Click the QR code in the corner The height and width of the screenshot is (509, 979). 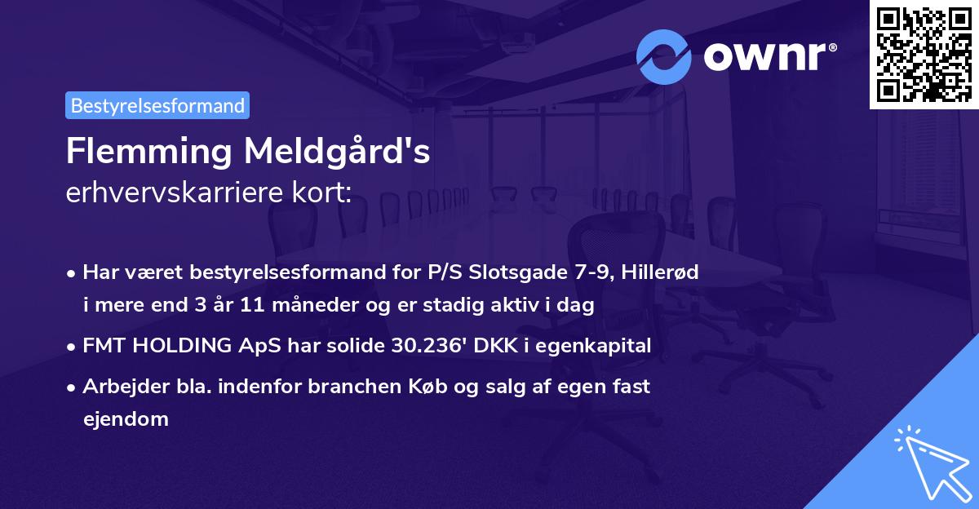click(x=924, y=54)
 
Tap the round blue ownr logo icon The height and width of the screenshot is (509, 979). click(x=664, y=57)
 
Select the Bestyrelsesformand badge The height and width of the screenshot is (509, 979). click(x=157, y=105)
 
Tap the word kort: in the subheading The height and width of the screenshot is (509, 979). click(x=323, y=193)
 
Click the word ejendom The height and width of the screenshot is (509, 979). click(x=125, y=419)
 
